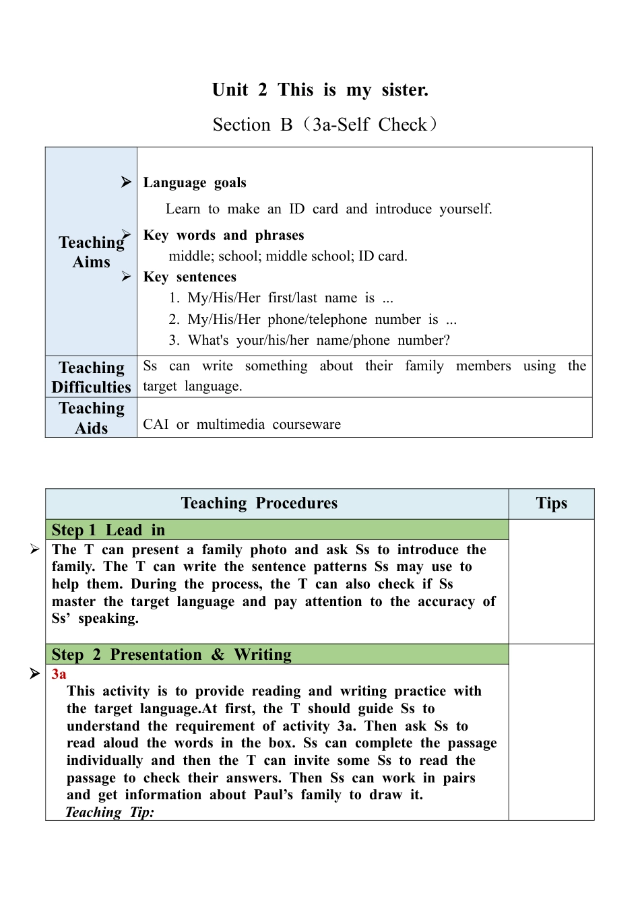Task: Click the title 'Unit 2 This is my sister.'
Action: click(320, 90)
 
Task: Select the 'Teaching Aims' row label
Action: click(92, 252)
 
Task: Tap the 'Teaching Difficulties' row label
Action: click(92, 377)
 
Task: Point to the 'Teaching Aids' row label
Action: click(92, 418)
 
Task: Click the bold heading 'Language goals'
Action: click(195, 182)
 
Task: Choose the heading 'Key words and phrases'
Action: click(224, 235)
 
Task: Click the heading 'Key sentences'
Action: click(190, 277)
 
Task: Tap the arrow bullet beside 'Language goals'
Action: click(126, 182)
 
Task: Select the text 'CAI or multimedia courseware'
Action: click(242, 424)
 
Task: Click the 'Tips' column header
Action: click(551, 504)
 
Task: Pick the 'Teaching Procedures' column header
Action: click(259, 504)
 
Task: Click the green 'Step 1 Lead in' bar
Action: click(276, 530)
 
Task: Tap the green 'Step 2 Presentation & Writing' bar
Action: click(276, 655)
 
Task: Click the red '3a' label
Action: click(59, 674)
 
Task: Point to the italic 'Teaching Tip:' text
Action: click(110, 812)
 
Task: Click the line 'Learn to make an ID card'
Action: click(329, 209)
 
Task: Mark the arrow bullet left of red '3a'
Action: click(35, 673)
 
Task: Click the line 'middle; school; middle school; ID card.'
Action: click(288, 256)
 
